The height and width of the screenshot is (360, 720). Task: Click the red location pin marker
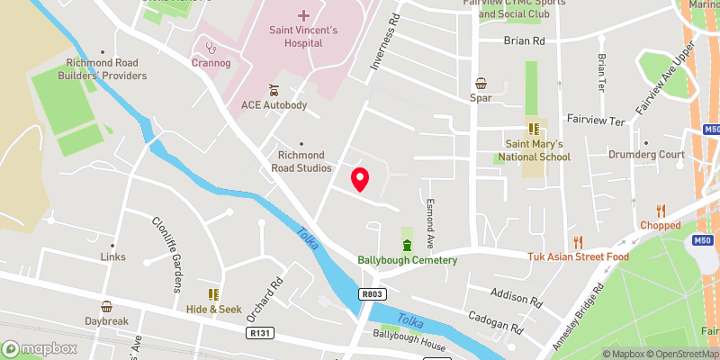click(360, 179)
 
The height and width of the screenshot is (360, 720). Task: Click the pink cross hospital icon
click(303, 15)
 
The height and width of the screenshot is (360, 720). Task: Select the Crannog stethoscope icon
click(211, 47)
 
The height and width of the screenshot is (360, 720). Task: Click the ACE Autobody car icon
click(274, 90)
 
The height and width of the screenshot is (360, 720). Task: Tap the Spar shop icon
click(481, 82)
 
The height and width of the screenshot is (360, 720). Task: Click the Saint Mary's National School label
click(533, 150)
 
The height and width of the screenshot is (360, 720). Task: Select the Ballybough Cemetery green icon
click(407, 245)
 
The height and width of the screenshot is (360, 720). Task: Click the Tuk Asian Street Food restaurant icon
click(579, 241)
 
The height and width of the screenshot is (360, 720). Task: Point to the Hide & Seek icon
click(214, 294)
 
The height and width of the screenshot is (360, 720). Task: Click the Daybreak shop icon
click(107, 306)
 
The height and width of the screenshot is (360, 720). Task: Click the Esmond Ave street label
click(431, 224)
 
